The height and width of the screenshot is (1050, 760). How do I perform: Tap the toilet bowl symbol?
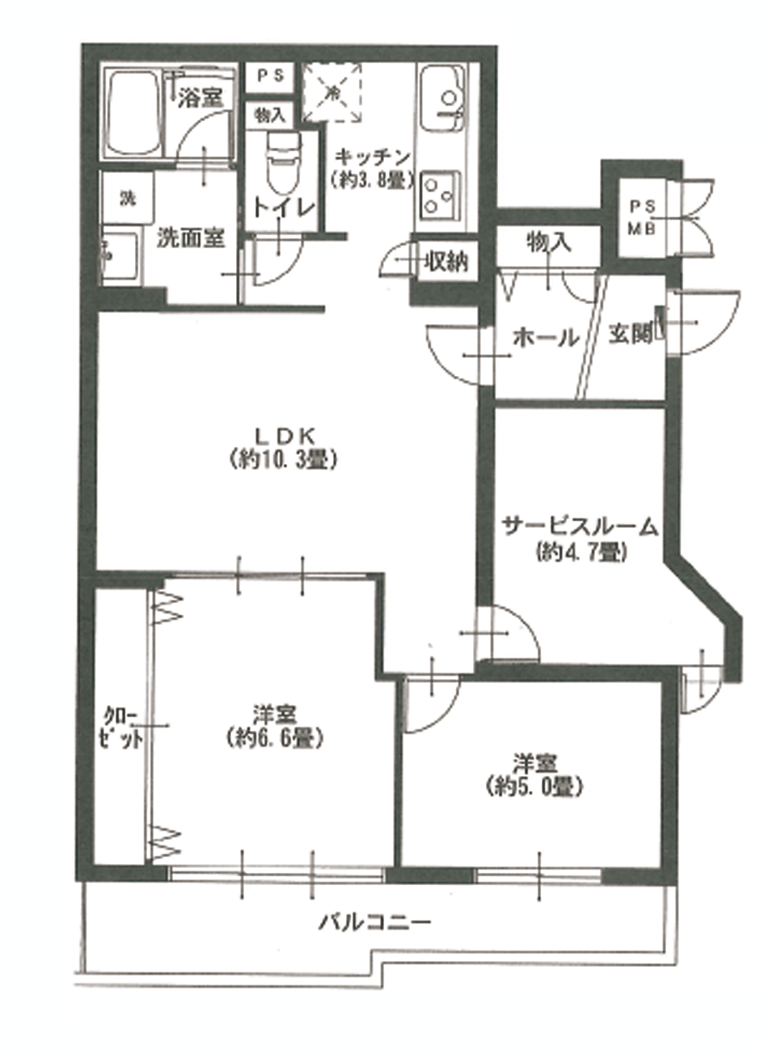[x=281, y=163]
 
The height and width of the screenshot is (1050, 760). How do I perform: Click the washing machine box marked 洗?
[x=128, y=198]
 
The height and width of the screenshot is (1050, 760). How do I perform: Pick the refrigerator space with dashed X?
[x=332, y=92]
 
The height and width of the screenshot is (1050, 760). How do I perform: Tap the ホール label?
[x=545, y=338]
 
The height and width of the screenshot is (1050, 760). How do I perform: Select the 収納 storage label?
[x=446, y=262]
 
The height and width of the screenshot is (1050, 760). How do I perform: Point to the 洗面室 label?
[x=191, y=238]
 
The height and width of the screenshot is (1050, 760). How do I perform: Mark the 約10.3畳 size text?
[x=283, y=461]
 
